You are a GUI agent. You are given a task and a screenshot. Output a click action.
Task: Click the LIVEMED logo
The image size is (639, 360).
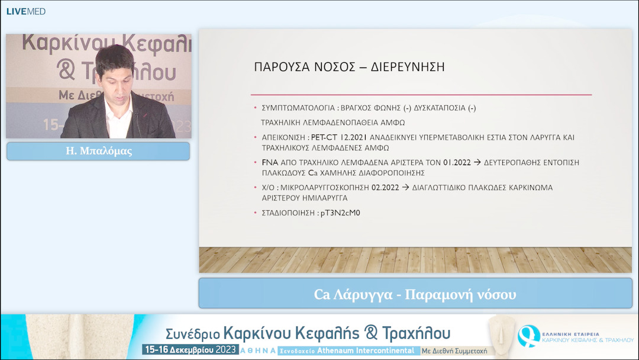click(26, 11)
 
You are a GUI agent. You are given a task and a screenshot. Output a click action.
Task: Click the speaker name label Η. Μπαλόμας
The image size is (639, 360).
click(98, 151)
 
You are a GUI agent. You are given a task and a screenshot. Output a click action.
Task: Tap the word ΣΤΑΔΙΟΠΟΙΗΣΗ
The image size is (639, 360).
click(288, 213)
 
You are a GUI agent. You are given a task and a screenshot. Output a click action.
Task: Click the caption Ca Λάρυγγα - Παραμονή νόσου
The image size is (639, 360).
click(415, 294)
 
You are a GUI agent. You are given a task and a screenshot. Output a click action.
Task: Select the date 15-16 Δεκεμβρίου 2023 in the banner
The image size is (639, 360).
click(190, 350)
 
